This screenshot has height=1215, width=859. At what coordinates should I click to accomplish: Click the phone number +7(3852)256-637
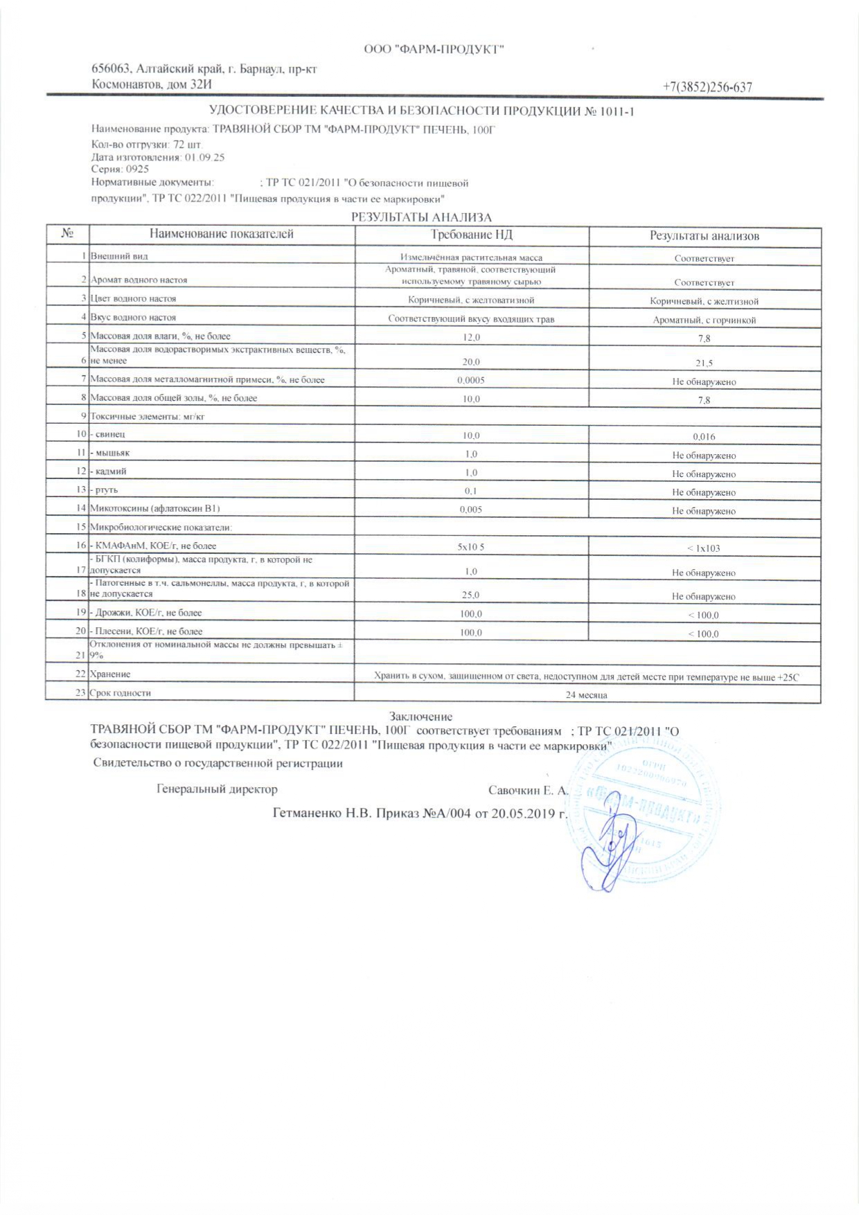(707, 87)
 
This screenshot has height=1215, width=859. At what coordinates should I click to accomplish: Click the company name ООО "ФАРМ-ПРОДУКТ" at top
(434, 48)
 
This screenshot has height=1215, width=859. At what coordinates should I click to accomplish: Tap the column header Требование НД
(471, 235)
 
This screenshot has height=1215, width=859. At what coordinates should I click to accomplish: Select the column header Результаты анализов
(704, 236)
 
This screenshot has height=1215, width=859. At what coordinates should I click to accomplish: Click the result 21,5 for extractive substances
(704, 363)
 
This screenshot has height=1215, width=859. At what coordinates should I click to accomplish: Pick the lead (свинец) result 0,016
(704, 437)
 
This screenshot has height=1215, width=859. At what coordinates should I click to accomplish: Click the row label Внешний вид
(120, 256)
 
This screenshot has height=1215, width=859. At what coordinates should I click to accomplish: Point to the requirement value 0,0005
(471, 380)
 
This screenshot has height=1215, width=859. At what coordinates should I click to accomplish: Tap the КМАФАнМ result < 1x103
(704, 548)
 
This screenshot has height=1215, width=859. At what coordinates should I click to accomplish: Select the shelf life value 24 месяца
(586, 694)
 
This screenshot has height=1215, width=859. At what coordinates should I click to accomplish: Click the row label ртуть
(105, 490)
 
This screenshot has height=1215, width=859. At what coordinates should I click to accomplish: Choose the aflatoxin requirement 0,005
(471, 510)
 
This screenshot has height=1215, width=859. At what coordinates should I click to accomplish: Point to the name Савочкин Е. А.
(528, 790)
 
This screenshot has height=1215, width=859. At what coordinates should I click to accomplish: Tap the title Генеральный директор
(217, 789)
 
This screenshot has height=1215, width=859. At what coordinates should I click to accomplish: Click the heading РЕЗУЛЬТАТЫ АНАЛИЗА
(420, 217)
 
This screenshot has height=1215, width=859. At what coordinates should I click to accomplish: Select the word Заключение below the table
(420, 717)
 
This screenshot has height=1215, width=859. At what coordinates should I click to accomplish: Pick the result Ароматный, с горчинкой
(704, 321)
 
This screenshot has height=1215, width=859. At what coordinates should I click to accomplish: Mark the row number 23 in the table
(80, 693)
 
